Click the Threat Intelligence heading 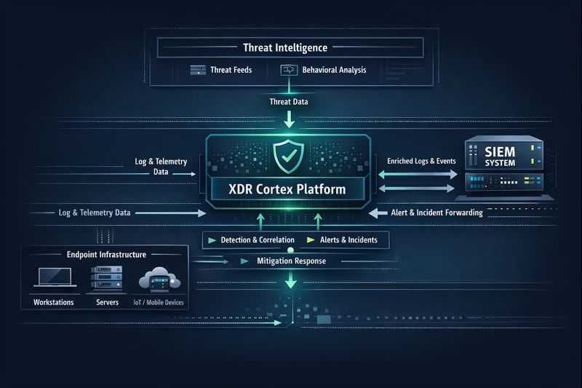pyautogui.click(x=285, y=48)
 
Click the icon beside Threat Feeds pyautogui.click(x=199, y=71)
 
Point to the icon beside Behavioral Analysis pyautogui.click(x=287, y=71)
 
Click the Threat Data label pyautogui.click(x=289, y=102)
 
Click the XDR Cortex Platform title pyautogui.click(x=289, y=190)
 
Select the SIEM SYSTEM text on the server pyautogui.click(x=500, y=158)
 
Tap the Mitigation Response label pyautogui.click(x=292, y=261)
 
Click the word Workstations pyautogui.click(x=53, y=301)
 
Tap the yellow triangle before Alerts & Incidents pyautogui.click(x=311, y=239)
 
